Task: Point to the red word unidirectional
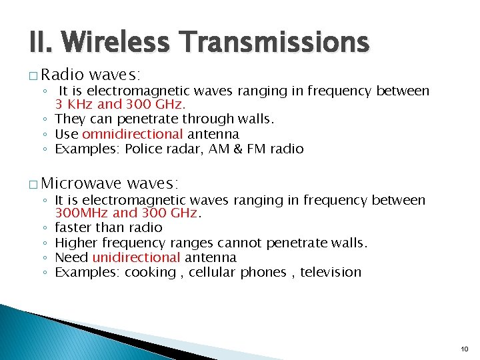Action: tap(136, 257)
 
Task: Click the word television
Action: tap(331, 272)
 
